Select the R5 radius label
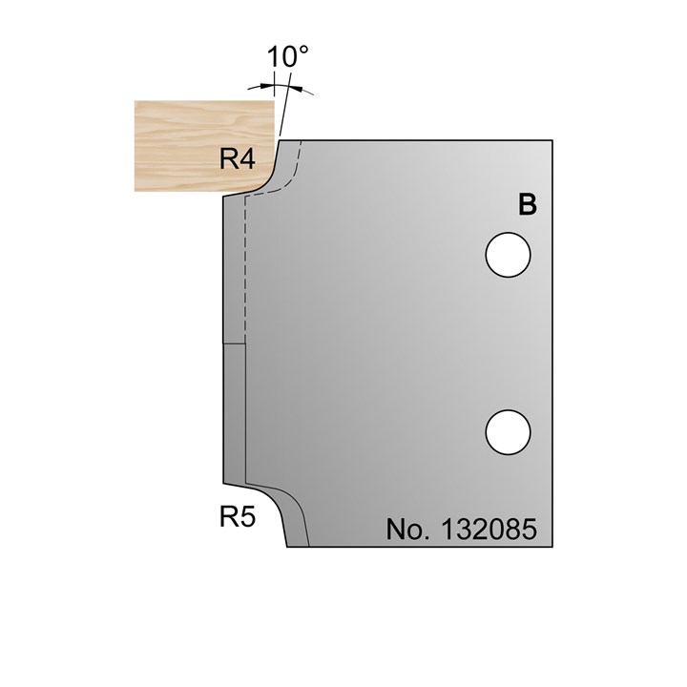(238, 518)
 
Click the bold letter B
(526, 204)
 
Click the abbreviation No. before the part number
(408, 529)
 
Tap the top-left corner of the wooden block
(135, 103)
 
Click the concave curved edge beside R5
(271, 506)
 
